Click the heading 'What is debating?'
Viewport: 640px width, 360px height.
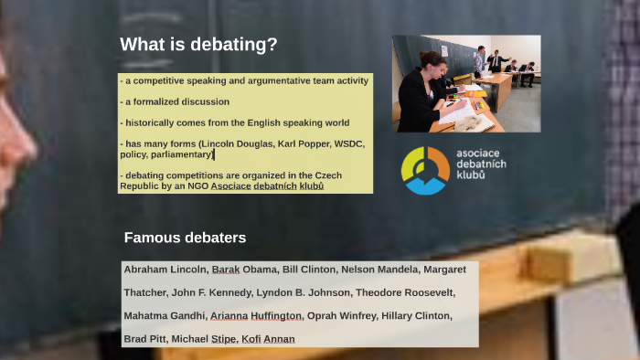point(198,45)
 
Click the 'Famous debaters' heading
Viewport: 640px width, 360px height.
point(185,238)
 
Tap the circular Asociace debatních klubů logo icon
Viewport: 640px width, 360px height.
point(425,170)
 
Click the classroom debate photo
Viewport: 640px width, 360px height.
point(465,83)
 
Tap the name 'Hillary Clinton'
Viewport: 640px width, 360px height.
point(420,316)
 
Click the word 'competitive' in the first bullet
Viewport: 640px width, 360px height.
point(155,81)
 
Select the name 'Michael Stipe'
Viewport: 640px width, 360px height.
point(204,339)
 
